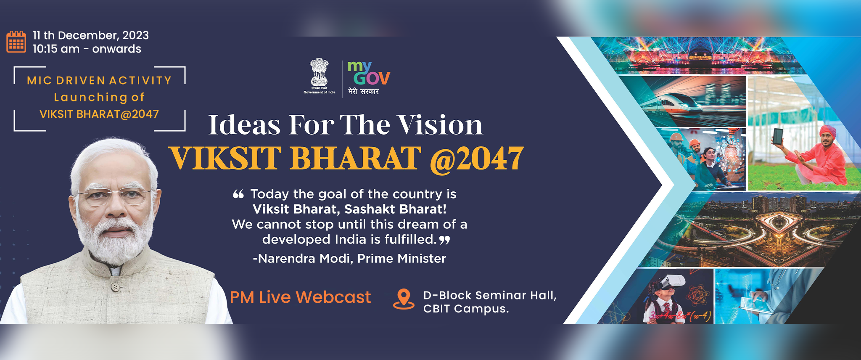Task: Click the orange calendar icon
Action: point(16,42)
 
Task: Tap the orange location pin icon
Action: point(404,299)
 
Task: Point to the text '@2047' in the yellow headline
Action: point(477,159)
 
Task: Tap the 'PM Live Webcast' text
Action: point(300,297)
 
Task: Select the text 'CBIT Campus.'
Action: point(466,309)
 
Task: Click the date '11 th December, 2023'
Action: point(91,35)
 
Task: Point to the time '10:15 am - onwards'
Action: point(87,49)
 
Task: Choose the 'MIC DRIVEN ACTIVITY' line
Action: point(99,80)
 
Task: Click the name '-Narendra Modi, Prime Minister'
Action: point(349,258)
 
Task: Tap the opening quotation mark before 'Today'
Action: point(238,194)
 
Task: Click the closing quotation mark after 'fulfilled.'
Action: point(444,240)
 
